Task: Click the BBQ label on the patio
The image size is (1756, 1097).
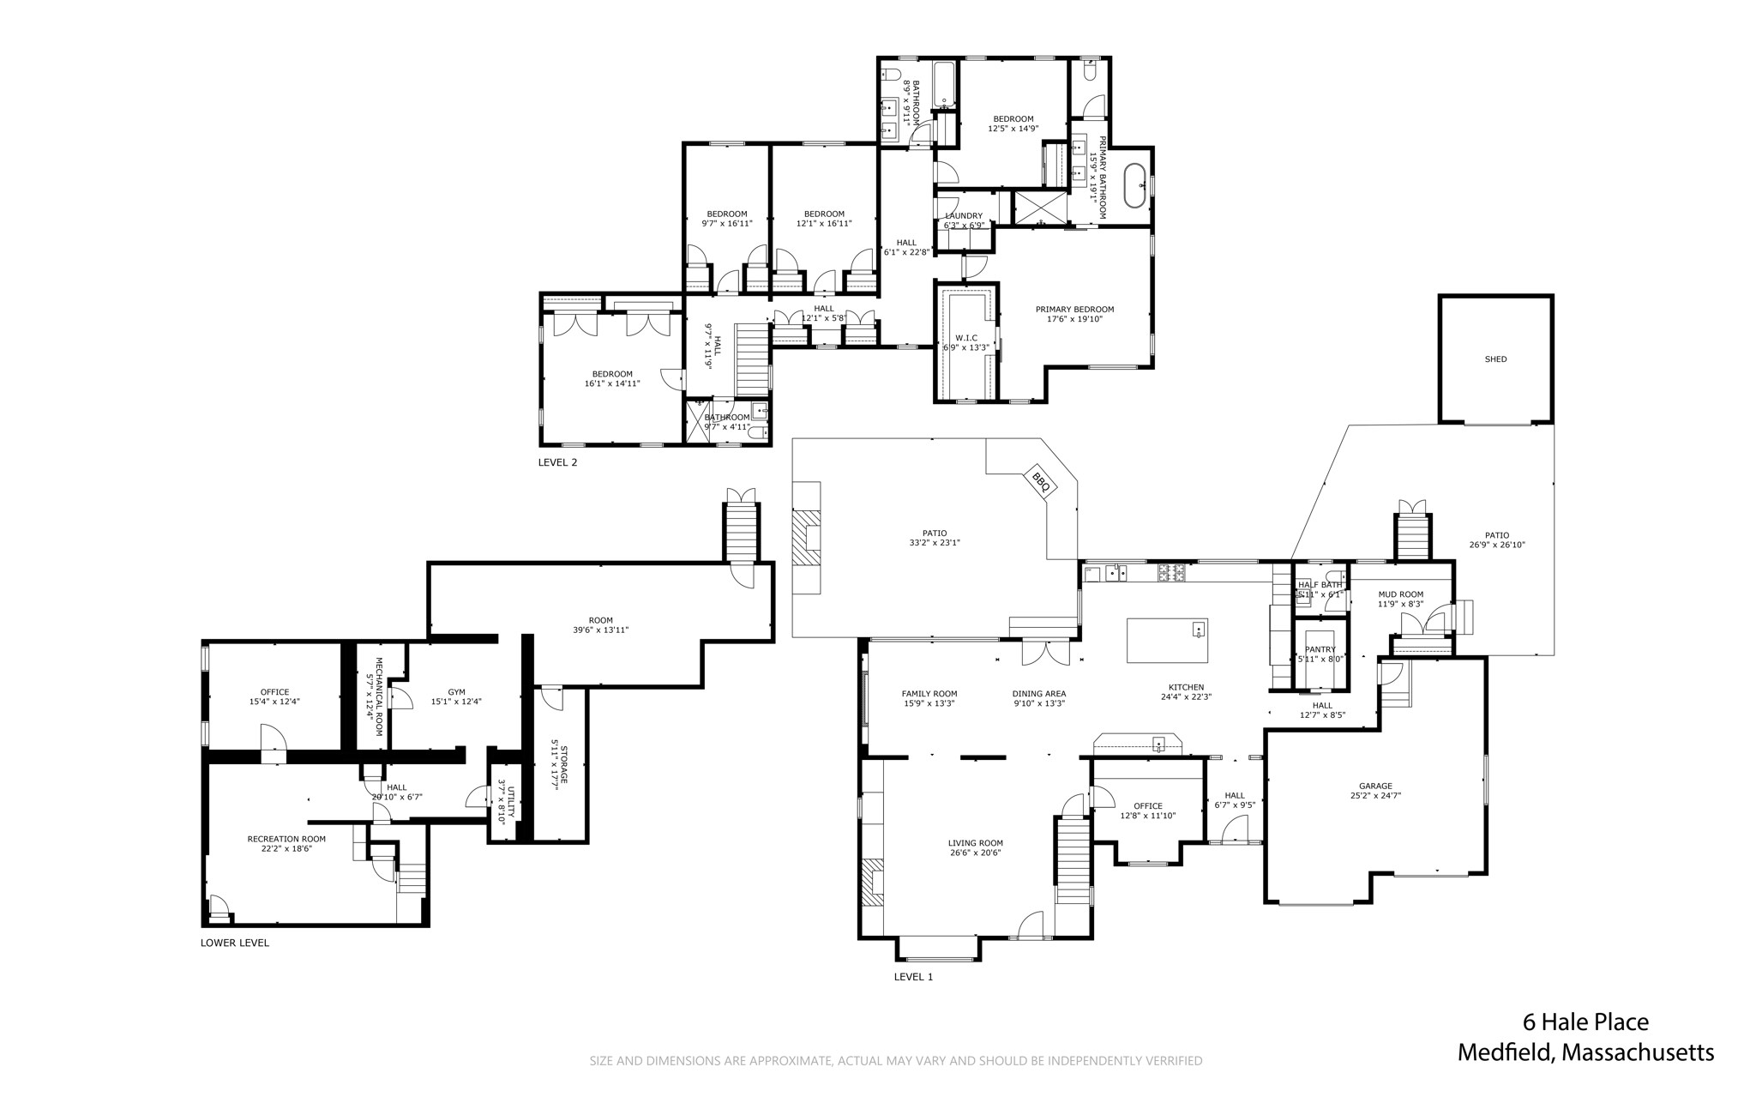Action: [x=1041, y=483]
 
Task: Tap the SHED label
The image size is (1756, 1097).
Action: [x=1495, y=359]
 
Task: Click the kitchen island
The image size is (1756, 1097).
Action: [x=1167, y=641]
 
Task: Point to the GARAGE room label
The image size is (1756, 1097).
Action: [x=1375, y=786]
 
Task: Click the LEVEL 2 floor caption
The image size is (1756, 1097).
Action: [x=557, y=462]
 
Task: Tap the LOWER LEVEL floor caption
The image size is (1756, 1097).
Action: [x=235, y=943]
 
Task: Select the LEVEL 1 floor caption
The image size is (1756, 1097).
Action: [x=913, y=976]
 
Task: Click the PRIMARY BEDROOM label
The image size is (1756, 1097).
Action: [x=1074, y=310]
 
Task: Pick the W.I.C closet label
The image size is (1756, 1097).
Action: [x=966, y=338]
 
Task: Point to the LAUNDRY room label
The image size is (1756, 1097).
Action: [x=964, y=216]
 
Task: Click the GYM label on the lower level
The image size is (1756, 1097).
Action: [x=456, y=692]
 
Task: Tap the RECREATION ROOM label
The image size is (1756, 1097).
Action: [x=286, y=839]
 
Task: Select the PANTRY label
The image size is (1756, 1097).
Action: [x=1320, y=649]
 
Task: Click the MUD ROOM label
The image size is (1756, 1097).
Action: [x=1400, y=594]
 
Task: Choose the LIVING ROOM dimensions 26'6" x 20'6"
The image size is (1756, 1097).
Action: [x=975, y=853]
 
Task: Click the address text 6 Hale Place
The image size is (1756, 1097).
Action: [x=1585, y=1022]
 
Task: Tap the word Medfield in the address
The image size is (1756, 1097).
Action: [x=1505, y=1052]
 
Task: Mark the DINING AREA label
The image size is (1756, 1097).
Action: [x=1038, y=694]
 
